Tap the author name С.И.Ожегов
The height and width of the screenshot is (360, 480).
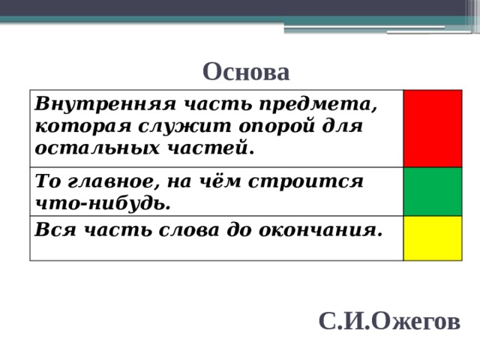coord(389,321)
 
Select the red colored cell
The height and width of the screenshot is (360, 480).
coord(433,127)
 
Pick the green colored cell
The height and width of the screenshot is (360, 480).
coord(433,190)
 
